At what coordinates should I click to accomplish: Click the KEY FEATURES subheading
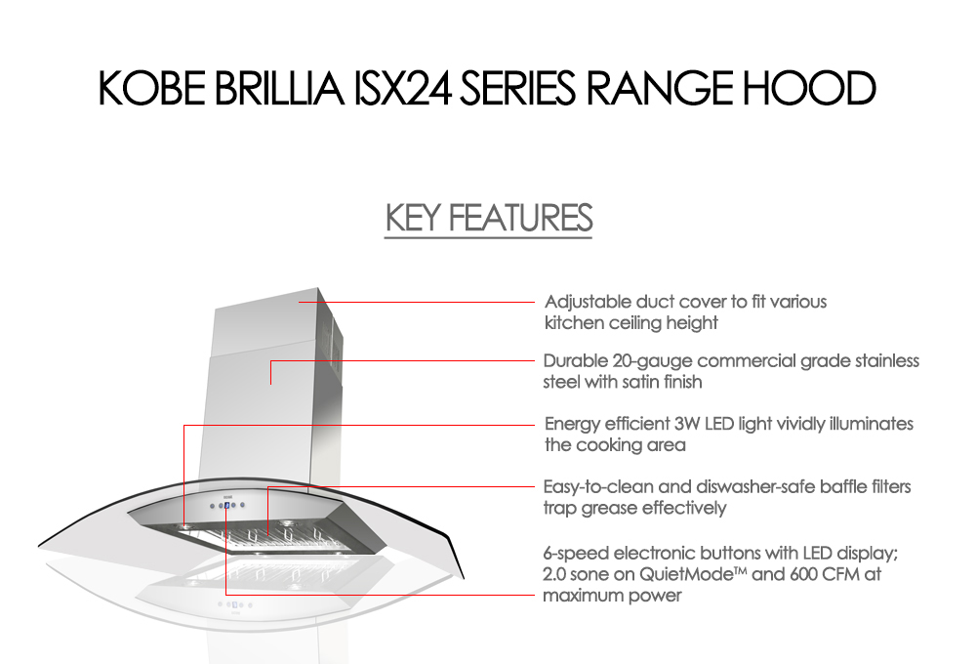tap(489, 219)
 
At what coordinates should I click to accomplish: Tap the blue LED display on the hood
tap(226, 506)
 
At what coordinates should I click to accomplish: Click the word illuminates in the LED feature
tap(867, 424)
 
